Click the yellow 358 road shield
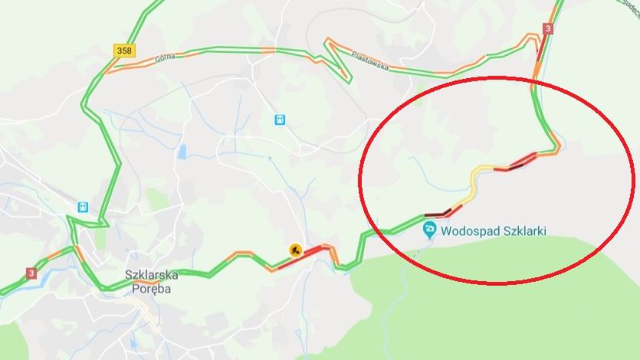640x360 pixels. (x=123, y=50)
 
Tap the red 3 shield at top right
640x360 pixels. (x=547, y=28)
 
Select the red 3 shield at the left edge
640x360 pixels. (x=31, y=273)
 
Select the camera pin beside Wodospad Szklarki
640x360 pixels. (x=430, y=228)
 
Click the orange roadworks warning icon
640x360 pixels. (x=294, y=249)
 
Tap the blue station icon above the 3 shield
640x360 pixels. (x=82, y=207)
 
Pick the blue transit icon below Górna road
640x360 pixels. (x=280, y=119)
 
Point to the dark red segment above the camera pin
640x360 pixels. (x=437, y=214)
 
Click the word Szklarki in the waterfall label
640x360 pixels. (x=523, y=229)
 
